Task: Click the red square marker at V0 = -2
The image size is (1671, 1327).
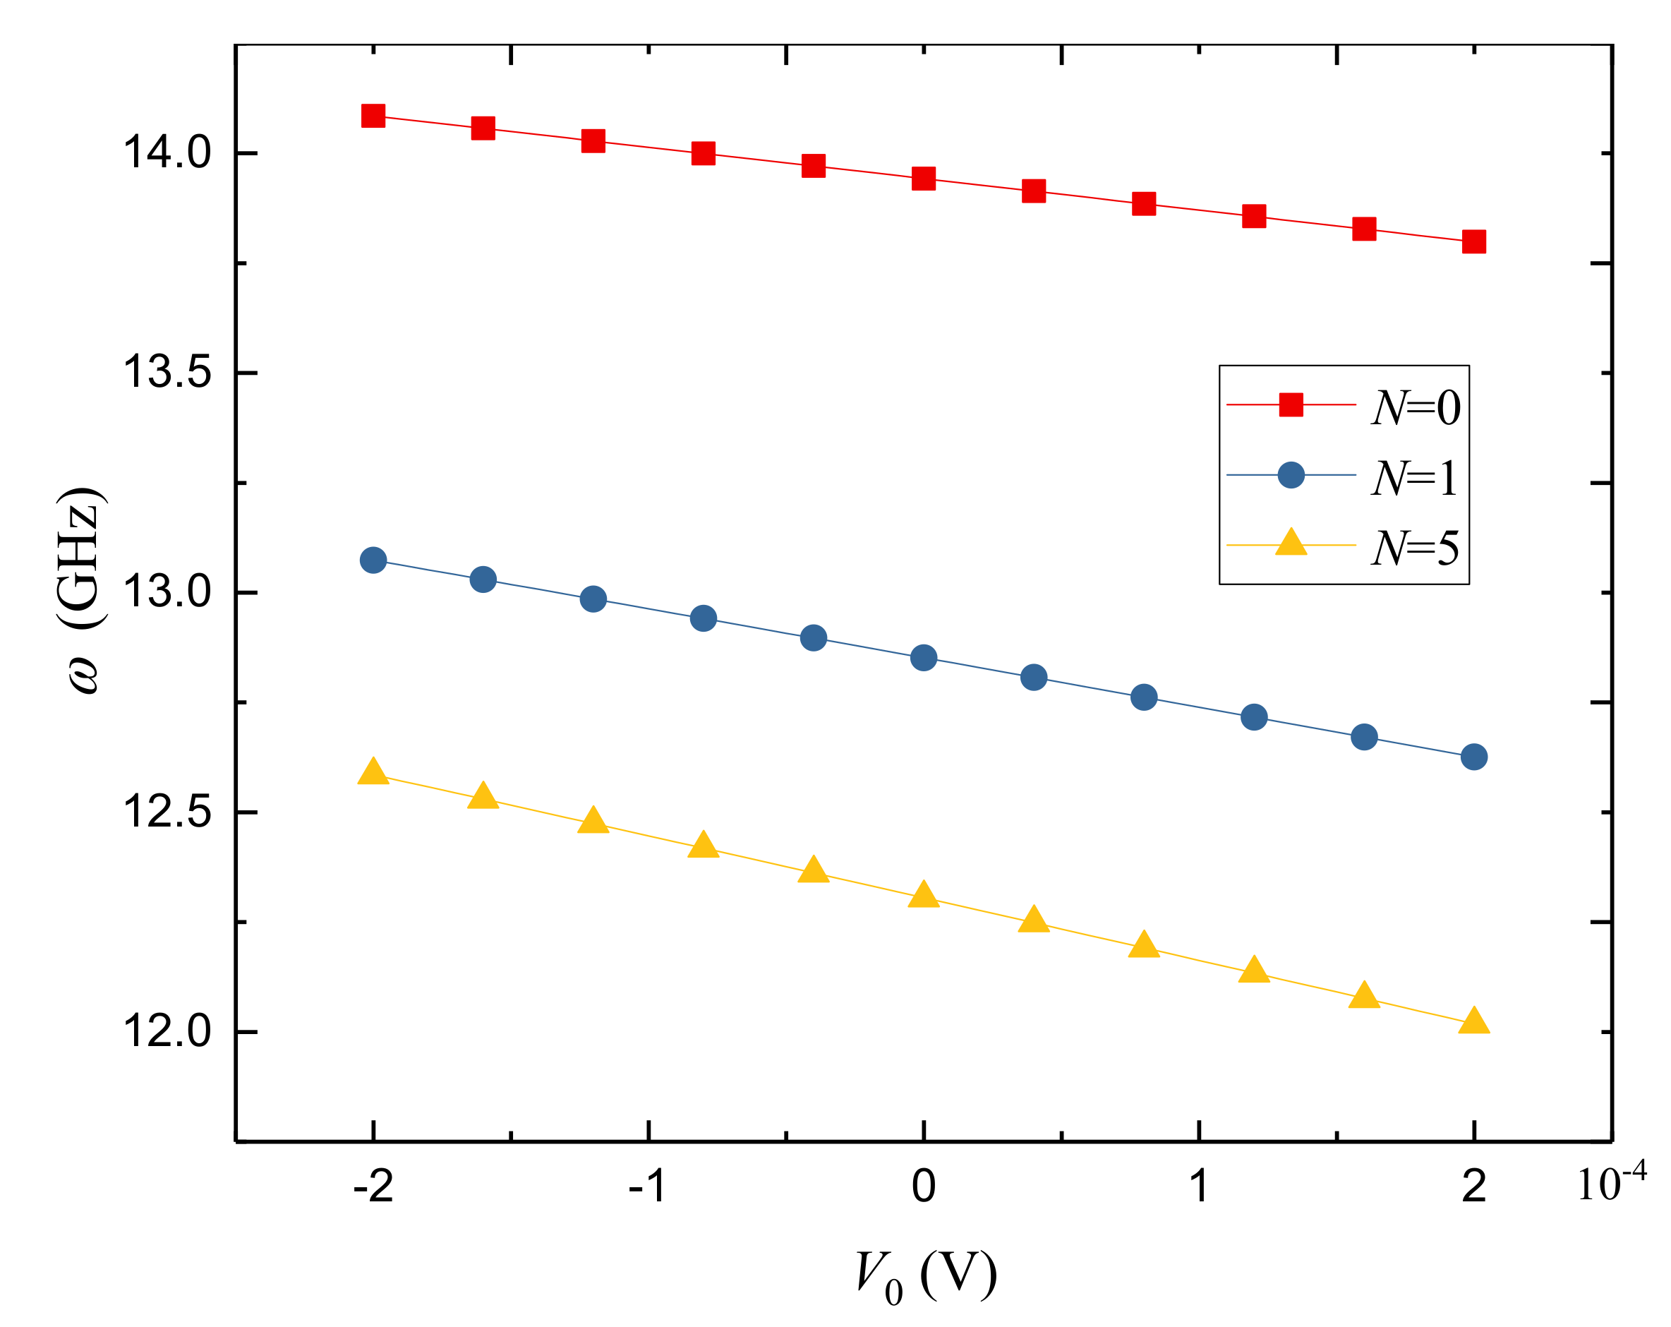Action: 373,116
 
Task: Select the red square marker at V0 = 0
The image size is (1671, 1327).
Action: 923,179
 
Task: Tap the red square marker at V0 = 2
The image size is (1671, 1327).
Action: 1473,241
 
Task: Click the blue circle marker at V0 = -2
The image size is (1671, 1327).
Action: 373,560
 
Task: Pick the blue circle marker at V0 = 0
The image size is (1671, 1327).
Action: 923,657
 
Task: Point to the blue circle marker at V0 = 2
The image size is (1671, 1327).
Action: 1473,757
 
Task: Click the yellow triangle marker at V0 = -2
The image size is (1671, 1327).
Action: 373,773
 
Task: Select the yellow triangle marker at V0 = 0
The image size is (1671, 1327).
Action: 923,896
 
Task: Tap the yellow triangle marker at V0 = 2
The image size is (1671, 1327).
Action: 1473,1022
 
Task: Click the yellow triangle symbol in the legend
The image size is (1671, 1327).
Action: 1291,543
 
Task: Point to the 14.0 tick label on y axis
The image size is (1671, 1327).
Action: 167,152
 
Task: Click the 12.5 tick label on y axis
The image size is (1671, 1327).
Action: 167,812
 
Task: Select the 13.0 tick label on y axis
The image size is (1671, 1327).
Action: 167,593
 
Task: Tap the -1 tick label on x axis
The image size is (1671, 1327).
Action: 647,1186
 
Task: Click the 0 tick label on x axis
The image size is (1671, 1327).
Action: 923,1186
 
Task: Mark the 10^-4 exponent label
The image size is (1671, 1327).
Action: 1611,1183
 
